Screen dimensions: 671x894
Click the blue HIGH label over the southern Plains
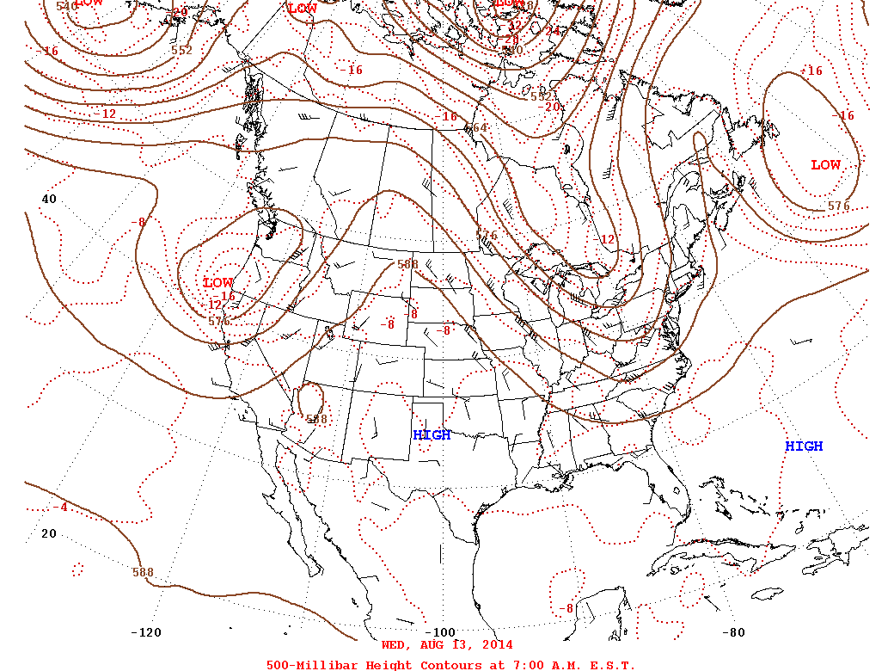(x=432, y=435)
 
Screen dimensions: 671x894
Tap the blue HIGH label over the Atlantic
(x=804, y=446)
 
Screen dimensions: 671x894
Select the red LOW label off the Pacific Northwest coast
(x=218, y=282)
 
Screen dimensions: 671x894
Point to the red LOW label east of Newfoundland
(x=826, y=165)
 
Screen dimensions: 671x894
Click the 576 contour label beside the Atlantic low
(x=839, y=206)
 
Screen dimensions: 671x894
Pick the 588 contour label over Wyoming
(x=407, y=265)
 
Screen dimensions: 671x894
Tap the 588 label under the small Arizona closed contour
(x=317, y=420)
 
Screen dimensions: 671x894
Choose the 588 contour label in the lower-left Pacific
(x=143, y=572)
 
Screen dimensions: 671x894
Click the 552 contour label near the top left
(x=181, y=50)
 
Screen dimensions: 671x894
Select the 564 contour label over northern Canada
(x=476, y=128)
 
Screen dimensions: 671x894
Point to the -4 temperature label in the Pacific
(x=59, y=508)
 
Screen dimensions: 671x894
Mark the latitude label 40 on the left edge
(x=49, y=199)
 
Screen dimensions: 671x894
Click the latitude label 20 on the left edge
(x=49, y=533)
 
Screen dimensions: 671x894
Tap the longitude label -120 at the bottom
(x=145, y=633)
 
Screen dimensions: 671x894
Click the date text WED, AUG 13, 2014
(x=447, y=645)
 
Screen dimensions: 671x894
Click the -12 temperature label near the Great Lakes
(x=606, y=239)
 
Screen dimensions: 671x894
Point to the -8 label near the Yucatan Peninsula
(x=565, y=609)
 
